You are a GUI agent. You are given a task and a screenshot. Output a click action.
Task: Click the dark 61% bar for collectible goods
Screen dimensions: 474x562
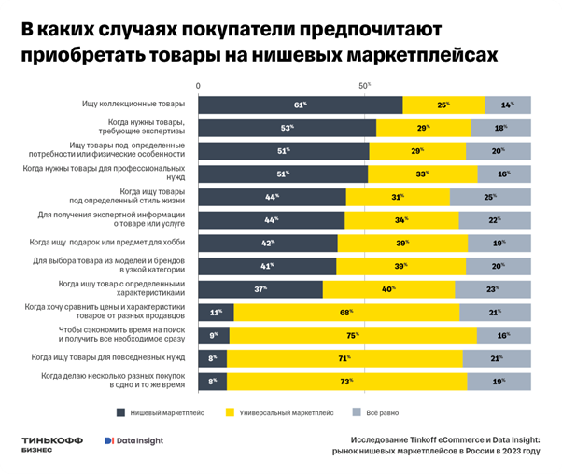point(301,105)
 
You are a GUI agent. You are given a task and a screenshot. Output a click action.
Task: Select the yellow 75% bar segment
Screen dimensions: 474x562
point(353,335)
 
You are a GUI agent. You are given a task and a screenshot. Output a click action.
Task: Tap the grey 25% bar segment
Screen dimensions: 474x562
point(490,197)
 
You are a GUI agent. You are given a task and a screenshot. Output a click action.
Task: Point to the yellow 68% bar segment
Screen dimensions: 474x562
point(344,313)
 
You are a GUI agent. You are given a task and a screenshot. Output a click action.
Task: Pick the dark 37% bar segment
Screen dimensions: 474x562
point(261,289)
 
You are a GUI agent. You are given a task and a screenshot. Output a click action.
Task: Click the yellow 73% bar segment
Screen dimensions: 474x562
point(346,381)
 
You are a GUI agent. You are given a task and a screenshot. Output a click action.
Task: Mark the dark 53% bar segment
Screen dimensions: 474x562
point(288,128)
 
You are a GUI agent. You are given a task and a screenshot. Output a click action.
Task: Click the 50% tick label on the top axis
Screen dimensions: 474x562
point(365,85)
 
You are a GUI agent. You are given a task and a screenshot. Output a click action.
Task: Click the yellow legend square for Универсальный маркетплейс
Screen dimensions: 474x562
point(231,411)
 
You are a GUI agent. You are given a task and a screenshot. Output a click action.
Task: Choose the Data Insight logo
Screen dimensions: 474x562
point(133,441)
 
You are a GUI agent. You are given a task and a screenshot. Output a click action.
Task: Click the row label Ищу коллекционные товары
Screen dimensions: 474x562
point(134,105)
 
